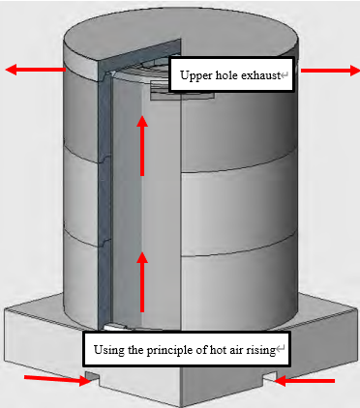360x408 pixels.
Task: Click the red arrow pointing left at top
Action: [36, 70]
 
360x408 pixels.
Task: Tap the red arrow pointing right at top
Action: [330, 71]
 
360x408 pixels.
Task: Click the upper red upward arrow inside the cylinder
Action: [142, 146]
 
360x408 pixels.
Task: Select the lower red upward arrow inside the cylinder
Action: [142, 282]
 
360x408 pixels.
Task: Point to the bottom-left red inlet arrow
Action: [57, 379]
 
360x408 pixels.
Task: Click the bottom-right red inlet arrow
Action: [304, 381]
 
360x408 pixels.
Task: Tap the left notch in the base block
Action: [93, 378]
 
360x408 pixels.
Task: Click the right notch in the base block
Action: [270, 376]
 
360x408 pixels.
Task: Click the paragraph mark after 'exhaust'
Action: [285, 75]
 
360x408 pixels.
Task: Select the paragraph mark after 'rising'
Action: [280, 348]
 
